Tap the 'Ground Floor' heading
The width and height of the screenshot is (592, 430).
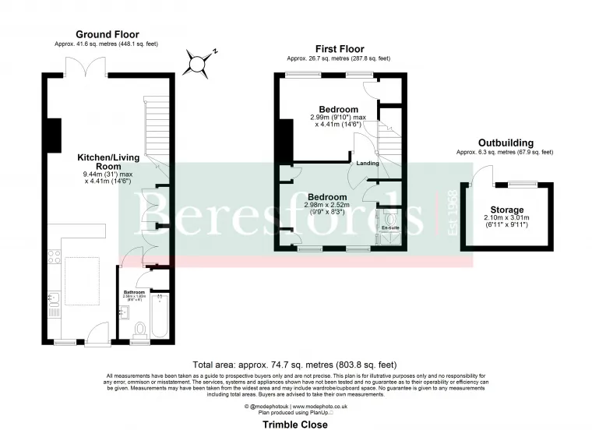coord(107,34)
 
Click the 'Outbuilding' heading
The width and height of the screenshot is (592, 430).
coord(505,143)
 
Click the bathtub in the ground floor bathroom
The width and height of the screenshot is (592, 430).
coord(160,316)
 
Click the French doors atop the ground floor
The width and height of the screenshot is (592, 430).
coord(80,71)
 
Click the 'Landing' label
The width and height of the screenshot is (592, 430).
coord(368,164)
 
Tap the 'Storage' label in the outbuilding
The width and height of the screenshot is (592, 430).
coord(503,210)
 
